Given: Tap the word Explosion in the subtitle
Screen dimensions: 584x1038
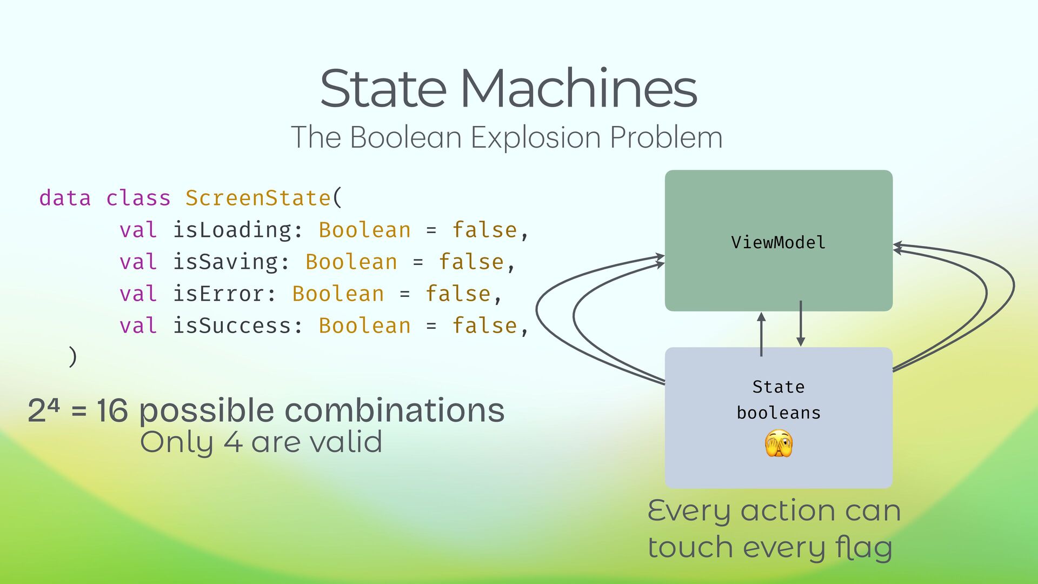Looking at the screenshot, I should [x=535, y=137].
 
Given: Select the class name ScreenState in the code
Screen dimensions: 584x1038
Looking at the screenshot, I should [x=258, y=198].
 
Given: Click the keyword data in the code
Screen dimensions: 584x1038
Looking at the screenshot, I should [x=65, y=198].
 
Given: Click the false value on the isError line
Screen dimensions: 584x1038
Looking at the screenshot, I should [x=458, y=294].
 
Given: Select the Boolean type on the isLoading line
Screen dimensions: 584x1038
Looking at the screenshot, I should [x=364, y=230].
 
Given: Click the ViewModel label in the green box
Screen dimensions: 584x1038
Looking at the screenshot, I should [x=778, y=242].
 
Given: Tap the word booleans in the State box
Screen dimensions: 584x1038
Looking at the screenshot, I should [x=778, y=413].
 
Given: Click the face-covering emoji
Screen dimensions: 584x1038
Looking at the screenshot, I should [x=778, y=444].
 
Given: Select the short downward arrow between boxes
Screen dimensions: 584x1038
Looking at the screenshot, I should [x=801, y=323].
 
